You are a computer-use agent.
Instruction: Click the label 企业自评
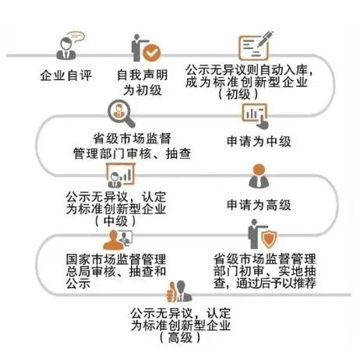[66, 76]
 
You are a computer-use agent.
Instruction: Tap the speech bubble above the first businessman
[76, 37]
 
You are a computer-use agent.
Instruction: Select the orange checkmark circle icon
[152, 53]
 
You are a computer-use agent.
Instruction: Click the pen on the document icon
[264, 39]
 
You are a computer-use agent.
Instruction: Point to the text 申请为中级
[259, 142]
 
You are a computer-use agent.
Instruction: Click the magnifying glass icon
[122, 114]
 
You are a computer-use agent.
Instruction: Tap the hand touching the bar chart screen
[262, 122]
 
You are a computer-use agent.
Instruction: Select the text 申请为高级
[259, 205]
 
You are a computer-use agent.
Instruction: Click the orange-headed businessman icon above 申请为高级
[259, 176]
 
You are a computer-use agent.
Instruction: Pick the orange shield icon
[269, 238]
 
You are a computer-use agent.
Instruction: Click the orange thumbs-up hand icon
[171, 293]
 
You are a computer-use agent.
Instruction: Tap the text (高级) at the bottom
[180, 338]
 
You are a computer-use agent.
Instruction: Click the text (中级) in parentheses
[115, 221]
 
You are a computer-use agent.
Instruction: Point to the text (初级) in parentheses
[238, 94]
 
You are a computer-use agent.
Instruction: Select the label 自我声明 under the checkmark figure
[143, 75]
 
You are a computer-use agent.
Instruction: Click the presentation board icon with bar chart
[121, 174]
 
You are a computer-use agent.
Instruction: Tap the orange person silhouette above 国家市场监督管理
[113, 241]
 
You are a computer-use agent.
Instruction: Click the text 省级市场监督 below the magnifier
[132, 139]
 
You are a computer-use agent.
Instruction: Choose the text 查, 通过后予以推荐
[265, 283]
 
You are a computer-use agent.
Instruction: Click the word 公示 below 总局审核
[78, 283]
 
